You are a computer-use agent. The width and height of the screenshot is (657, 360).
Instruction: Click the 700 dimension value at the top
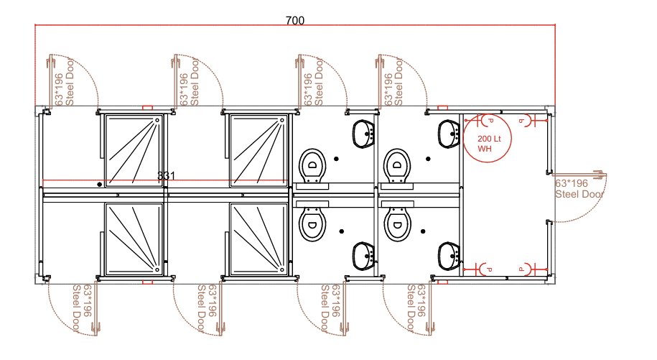294,20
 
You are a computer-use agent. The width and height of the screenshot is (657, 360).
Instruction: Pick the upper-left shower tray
135,147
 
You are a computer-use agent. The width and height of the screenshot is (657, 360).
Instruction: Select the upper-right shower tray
258,147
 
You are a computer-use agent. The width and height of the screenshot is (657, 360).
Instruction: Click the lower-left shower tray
135,239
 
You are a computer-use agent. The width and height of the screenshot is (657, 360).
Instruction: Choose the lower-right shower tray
258,239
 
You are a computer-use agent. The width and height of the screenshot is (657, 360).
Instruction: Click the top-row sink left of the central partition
363,132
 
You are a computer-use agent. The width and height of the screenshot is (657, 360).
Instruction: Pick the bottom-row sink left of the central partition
363,254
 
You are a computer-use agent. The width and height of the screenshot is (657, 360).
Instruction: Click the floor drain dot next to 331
99,185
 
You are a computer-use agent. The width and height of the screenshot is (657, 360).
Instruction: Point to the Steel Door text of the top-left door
70,79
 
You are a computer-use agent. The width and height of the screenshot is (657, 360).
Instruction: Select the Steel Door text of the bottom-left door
77,310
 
